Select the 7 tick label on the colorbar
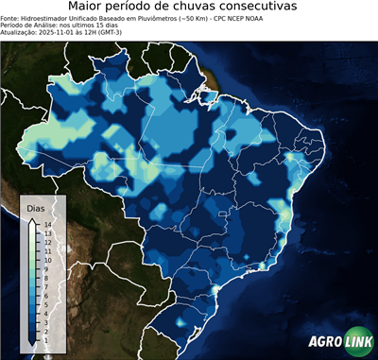[46, 280]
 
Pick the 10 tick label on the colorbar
[47, 256]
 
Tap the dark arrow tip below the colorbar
[32, 338]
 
